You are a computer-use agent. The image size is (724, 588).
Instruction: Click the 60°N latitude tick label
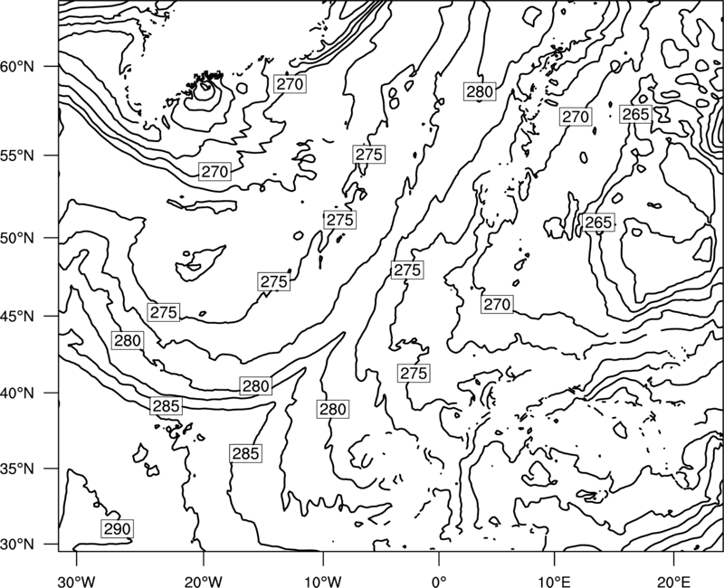(17, 67)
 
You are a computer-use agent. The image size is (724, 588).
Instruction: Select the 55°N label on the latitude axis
(17, 156)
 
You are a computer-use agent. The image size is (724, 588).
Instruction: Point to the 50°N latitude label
(17, 238)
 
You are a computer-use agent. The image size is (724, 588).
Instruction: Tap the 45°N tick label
(17, 316)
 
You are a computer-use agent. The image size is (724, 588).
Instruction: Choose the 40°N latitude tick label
(17, 394)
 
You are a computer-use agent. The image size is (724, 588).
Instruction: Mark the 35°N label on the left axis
(17, 469)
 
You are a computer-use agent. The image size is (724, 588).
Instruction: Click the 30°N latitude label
(17, 545)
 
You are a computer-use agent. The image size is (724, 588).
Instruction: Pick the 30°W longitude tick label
(77, 581)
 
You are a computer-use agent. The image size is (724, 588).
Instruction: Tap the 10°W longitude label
(323, 581)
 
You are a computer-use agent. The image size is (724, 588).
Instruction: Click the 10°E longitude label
(554, 581)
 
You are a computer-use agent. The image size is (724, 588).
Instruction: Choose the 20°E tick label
(673, 581)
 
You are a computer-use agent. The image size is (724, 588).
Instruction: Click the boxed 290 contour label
(118, 529)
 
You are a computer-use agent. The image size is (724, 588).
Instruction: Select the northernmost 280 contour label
(480, 92)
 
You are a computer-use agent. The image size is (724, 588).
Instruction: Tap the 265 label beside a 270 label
(635, 114)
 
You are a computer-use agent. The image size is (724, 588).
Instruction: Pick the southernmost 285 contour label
(245, 454)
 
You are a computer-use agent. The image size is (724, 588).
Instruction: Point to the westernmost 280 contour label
(128, 341)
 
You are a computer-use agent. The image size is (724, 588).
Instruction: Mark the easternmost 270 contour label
(576, 117)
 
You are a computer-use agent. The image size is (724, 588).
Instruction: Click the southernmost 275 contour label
(414, 373)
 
